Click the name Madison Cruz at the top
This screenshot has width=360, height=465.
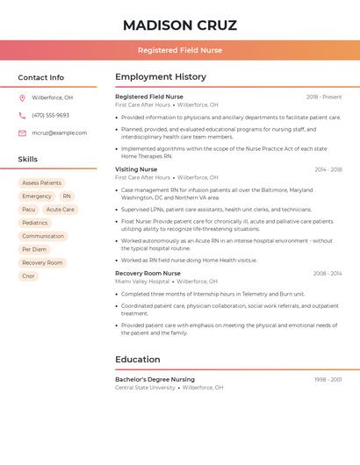click(180, 25)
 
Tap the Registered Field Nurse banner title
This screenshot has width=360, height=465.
click(180, 50)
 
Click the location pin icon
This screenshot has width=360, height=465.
click(22, 97)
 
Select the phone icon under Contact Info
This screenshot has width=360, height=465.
click(22, 115)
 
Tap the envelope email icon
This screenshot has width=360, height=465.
click(22, 132)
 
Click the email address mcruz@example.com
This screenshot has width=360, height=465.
click(60, 132)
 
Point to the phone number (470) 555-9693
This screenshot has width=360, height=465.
click(50, 115)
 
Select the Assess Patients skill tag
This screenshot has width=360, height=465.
click(42, 182)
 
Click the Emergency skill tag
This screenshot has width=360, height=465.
click(37, 197)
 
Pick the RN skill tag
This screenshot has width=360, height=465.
click(67, 197)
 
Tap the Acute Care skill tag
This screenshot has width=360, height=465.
click(61, 210)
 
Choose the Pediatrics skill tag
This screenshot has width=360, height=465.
click(35, 223)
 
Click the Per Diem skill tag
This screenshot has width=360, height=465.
click(34, 249)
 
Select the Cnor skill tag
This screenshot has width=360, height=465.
click(29, 275)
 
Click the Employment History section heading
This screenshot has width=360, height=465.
click(161, 77)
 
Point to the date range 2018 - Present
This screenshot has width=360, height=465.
click(324, 97)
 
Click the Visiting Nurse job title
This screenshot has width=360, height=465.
click(136, 169)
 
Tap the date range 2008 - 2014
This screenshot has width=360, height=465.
click(328, 273)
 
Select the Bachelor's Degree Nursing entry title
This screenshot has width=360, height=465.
click(155, 379)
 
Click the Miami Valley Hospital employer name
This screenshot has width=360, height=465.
click(142, 281)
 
